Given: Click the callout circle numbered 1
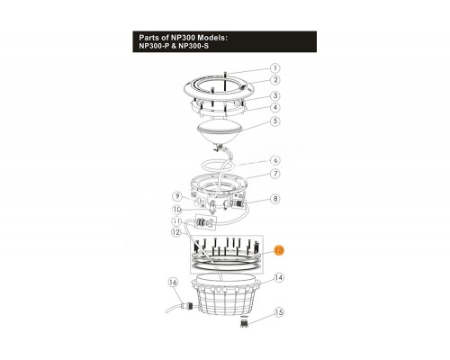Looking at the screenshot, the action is [x=275, y=68].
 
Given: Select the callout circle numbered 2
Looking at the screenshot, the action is [x=275, y=80].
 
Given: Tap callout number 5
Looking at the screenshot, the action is [x=275, y=121].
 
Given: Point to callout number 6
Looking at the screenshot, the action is [x=275, y=160].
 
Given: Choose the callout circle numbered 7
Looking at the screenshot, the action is [x=275, y=174].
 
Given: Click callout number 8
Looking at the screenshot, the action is [x=275, y=199].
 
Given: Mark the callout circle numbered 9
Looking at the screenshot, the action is [x=178, y=196].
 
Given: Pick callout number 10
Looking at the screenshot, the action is [x=177, y=210].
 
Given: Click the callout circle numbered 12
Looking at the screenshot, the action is [x=176, y=232].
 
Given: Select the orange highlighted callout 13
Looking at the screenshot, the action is [x=279, y=250].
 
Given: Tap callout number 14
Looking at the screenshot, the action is [x=279, y=278].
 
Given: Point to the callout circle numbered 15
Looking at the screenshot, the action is [x=279, y=312].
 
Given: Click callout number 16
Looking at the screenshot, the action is [x=173, y=283].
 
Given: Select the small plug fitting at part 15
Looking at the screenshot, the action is [x=245, y=322].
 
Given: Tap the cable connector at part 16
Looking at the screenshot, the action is [x=186, y=307].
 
